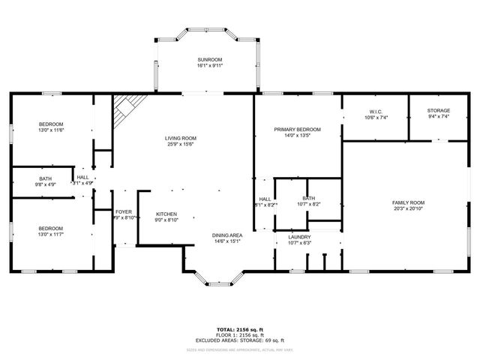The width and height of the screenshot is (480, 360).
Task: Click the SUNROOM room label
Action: click(210, 59)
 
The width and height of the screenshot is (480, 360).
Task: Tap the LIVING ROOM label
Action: click(181, 138)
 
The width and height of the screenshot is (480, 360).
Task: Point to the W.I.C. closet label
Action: click(375, 111)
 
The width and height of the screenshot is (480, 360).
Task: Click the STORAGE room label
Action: click(439, 110)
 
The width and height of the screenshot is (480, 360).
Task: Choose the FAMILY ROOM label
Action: click(408, 202)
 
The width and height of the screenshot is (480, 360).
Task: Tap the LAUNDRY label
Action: click(299, 237)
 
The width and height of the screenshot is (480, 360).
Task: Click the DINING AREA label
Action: click(226, 235)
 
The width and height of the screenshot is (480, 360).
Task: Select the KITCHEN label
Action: click(166, 214)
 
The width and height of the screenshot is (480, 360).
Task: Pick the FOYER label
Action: click(124, 212)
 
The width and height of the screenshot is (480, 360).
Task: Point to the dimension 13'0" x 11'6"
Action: click(51, 130)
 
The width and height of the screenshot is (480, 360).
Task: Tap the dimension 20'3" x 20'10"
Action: click(408, 209)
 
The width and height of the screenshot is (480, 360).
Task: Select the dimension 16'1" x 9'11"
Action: click(210, 65)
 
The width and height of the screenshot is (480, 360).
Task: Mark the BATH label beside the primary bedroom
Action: click(309, 198)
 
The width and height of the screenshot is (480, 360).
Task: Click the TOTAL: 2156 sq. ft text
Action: click(239, 329)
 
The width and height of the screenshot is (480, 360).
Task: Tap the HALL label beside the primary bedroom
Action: click(265, 199)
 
